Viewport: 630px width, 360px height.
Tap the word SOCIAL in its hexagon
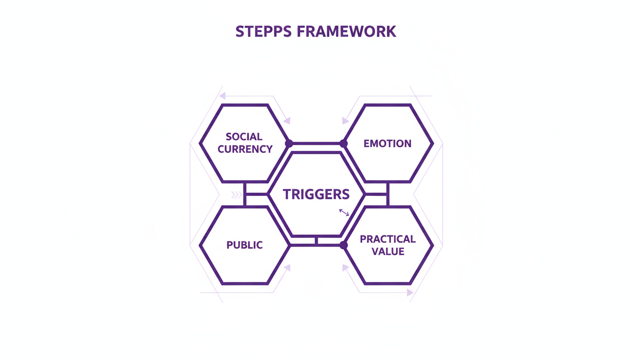click(x=244, y=137)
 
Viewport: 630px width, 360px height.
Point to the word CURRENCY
click(x=245, y=150)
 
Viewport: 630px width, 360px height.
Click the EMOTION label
click(x=388, y=143)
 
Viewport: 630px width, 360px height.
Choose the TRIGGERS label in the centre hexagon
click(x=316, y=194)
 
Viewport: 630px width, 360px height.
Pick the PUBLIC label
click(x=245, y=245)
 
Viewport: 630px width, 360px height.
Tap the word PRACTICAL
click(x=388, y=239)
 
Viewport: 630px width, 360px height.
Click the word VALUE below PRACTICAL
click(x=388, y=252)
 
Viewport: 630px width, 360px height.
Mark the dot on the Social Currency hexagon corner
click(x=289, y=143)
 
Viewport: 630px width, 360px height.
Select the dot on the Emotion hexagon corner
click(x=344, y=143)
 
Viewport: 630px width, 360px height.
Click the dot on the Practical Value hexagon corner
click(x=344, y=245)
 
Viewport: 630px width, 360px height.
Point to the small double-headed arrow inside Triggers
click(x=344, y=213)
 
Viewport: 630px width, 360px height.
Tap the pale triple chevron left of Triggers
click(x=236, y=195)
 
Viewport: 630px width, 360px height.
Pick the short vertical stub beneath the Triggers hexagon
click(x=316, y=240)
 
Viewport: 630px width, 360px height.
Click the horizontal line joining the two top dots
click(x=316, y=143)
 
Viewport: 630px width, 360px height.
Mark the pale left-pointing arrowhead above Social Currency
click(x=222, y=96)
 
